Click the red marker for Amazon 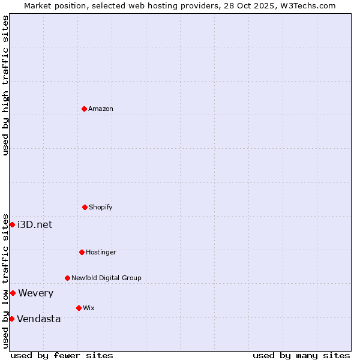tap(84, 109)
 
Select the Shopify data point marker tap(85, 207)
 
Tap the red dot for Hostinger tap(82, 252)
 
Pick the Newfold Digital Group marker tap(67, 278)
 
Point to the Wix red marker tap(79, 308)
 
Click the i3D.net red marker tap(12, 224)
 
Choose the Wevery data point tap(13, 293)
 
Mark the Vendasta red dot tap(11, 319)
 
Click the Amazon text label tap(101, 109)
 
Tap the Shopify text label tap(101, 207)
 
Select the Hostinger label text tap(101, 252)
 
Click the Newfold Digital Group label tap(106, 278)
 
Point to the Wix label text tap(89, 308)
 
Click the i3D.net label tap(35, 224)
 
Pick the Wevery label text tap(36, 293)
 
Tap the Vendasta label tap(39, 319)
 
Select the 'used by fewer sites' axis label tap(62, 355)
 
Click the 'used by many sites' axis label tap(301, 355)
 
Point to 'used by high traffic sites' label tap(5, 85)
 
